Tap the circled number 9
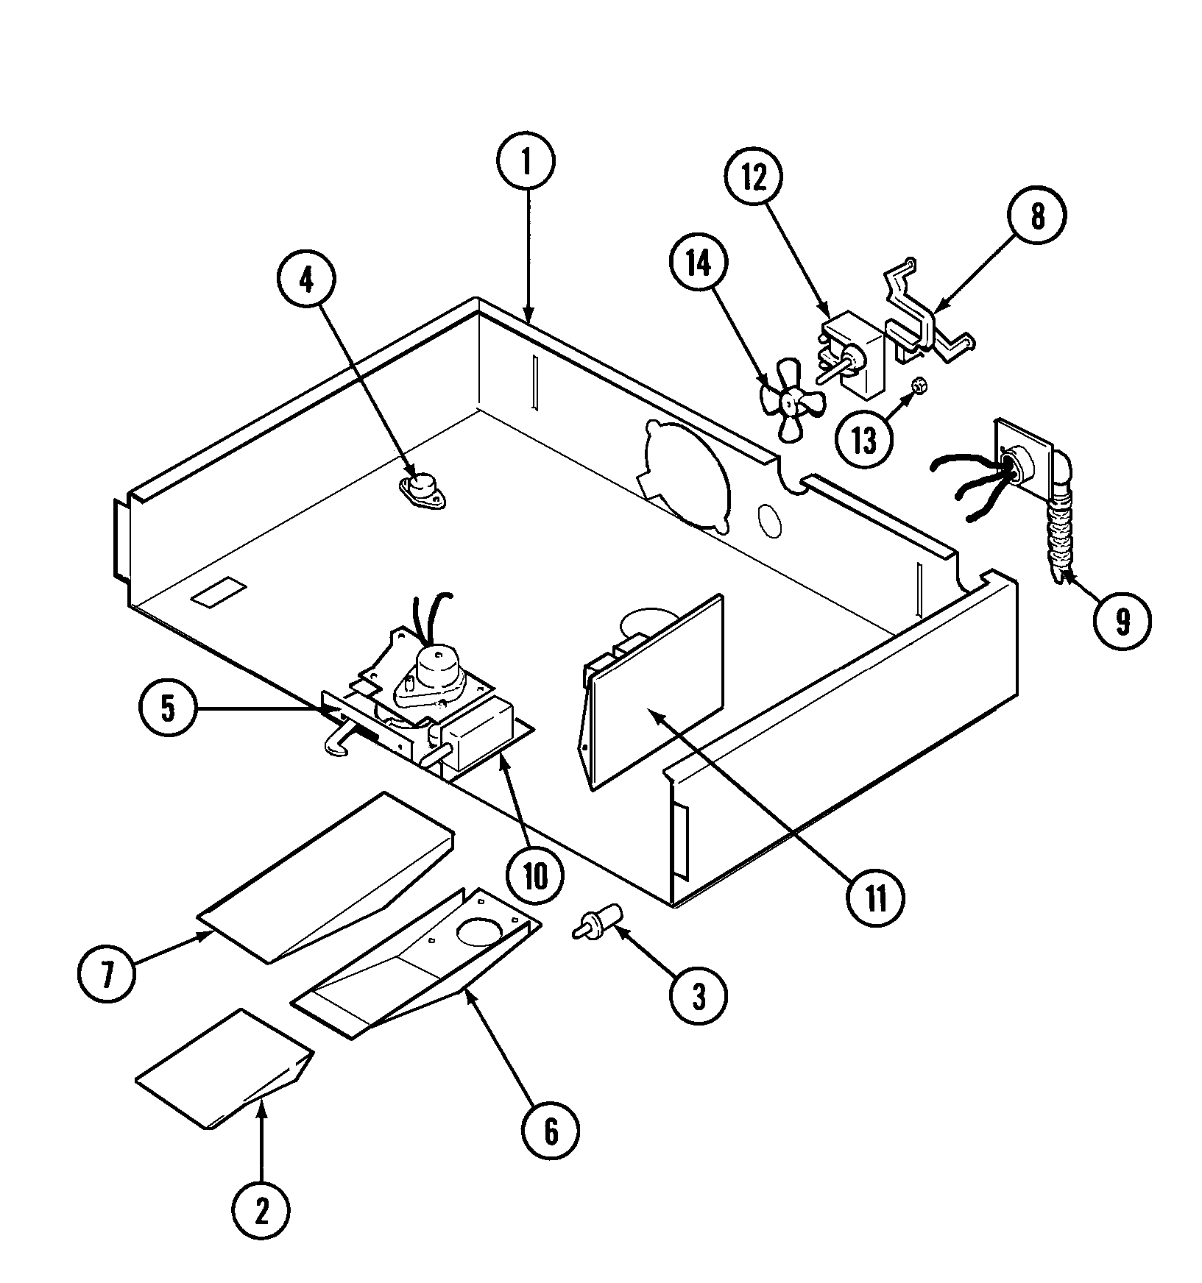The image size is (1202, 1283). pyautogui.click(x=1122, y=623)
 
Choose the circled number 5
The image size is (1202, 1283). pyautogui.click(x=168, y=708)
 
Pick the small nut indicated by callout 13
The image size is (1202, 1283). pyautogui.click(x=918, y=385)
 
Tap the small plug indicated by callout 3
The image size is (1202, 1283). pyautogui.click(x=599, y=923)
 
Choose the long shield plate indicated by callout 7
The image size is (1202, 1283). pyautogui.click(x=324, y=875)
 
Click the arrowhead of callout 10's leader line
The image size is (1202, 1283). pyautogui.click(x=503, y=761)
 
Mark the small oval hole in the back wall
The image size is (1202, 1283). pyautogui.click(x=770, y=520)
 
